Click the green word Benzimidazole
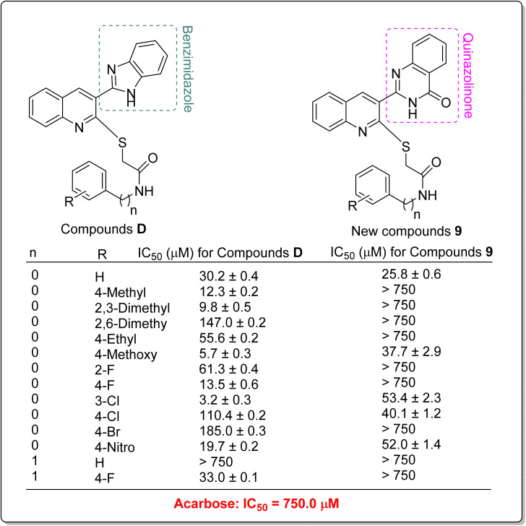[189, 66]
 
